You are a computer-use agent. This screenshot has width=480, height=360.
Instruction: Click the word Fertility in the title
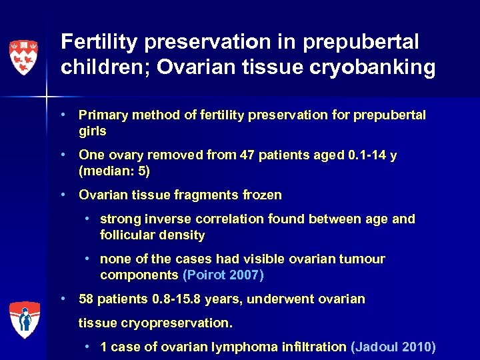pyautogui.click(x=99, y=42)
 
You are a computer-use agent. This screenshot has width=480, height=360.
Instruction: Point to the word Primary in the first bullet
pyautogui.click(x=102, y=115)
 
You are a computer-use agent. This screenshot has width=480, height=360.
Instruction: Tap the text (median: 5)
pyautogui.click(x=114, y=171)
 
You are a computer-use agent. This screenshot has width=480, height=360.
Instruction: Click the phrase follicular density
pyautogui.click(x=152, y=235)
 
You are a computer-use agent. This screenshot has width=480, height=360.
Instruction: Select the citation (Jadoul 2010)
pyautogui.click(x=393, y=347)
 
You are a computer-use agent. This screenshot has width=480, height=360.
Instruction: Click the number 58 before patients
pyautogui.click(x=86, y=299)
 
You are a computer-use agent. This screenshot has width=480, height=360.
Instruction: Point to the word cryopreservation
pyautogui.click(x=173, y=323)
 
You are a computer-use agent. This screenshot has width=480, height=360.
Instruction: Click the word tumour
pyautogui.click(x=365, y=259)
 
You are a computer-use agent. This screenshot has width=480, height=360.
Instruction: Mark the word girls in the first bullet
pyautogui.click(x=92, y=131)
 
